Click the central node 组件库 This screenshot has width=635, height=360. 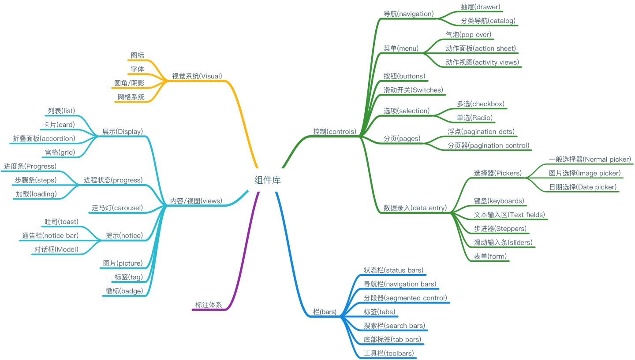pos(268,180)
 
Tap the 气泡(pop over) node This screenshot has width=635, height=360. pos(468,34)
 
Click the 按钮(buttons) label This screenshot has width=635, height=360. pos(404,76)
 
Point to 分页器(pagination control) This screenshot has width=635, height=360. pos(488,145)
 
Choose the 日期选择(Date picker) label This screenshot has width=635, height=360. pos(582,187)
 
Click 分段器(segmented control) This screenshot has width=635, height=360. pos(405,298)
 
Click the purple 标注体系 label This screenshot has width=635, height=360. pos(209,304)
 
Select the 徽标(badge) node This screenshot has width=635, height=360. pos(124,291)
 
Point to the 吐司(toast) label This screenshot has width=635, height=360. pos(61,221)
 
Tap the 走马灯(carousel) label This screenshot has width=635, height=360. pos(116,208)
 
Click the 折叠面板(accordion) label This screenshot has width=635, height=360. pos(44,138)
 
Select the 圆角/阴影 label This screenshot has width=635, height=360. pos(129,83)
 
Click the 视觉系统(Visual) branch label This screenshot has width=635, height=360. pos(197,76)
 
